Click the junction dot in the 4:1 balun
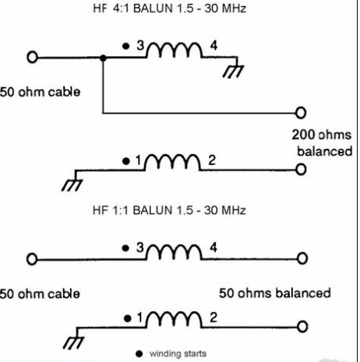(103, 58)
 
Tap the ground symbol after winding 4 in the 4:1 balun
(233, 71)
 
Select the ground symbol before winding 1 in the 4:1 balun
(72, 185)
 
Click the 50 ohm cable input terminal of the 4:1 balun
(32, 57)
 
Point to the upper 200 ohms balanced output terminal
(301, 113)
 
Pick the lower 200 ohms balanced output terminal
(301, 170)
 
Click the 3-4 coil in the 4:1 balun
(175, 49)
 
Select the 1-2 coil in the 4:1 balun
(172, 162)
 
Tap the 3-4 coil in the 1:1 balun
(175, 251)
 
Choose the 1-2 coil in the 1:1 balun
(174, 320)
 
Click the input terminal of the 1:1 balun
(32, 259)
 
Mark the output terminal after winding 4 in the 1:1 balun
(302, 258)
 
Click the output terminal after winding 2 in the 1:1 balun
(302, 327)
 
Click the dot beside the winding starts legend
(139, 353)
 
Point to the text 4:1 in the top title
(122, 9)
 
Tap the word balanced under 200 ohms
(325, 151)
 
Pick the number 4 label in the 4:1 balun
(214, 46)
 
